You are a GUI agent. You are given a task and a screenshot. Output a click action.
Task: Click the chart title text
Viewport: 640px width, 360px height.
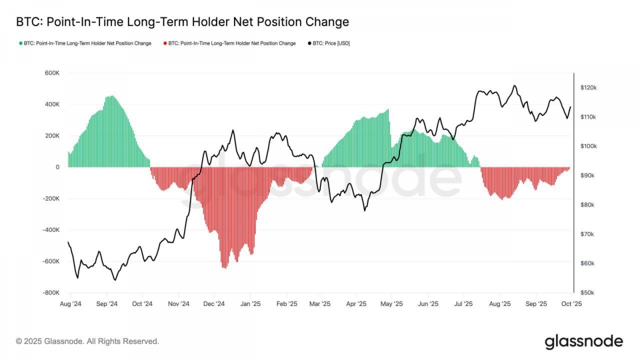pos(182,22)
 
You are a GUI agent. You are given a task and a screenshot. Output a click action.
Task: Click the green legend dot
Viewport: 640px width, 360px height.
pos(21,43)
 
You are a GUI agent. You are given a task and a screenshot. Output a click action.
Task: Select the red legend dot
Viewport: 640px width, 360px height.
pos(165,43)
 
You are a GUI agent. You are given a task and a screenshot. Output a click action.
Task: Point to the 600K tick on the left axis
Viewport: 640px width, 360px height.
pos(52,73)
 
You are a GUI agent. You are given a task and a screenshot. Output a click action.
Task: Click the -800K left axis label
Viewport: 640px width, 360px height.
pos(51,293)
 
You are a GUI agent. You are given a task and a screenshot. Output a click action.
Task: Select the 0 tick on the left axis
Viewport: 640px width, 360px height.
pos(57,167)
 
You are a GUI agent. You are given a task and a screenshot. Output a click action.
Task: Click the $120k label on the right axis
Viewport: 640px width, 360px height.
pos(588,88)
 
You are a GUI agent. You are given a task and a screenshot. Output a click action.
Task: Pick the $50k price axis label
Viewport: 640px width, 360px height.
pos(587,293)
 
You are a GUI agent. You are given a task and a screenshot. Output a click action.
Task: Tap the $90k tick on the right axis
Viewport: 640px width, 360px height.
pos(587,176)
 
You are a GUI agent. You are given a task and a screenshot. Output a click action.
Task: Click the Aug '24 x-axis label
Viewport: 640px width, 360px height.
pos(70,304)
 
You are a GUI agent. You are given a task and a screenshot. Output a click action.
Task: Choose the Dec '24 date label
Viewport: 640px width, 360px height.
pos(214,304)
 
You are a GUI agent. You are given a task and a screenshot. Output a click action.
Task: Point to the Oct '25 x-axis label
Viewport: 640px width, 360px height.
pos(571,304)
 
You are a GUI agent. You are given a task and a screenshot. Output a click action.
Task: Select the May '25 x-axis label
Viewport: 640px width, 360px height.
pos(391,304)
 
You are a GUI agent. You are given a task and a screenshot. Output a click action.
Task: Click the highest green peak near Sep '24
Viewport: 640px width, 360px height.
pos(112,96)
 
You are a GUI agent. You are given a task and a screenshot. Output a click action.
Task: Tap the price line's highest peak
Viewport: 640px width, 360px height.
pos(515,86)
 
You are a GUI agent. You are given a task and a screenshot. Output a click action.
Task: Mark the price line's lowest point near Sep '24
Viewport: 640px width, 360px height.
pos(115,280)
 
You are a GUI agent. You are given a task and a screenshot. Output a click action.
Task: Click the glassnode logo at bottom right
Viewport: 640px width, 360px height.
pos(584,342)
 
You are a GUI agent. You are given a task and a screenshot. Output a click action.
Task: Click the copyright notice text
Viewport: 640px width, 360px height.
pos(87,341)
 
